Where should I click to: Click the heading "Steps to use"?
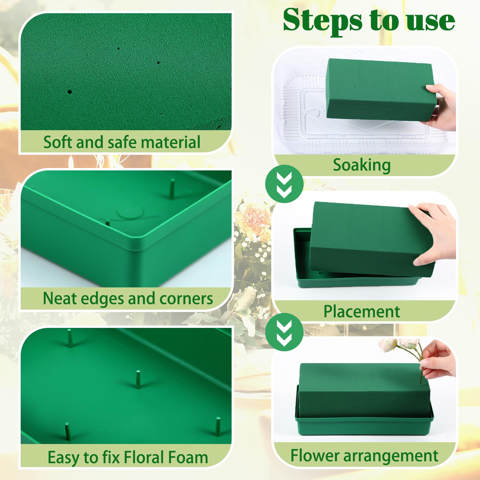coord(369,20)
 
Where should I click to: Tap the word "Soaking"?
coord(362,165)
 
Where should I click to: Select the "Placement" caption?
coord(361,311)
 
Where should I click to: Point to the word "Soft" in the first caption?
coord(58,142)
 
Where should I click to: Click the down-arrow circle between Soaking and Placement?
coord(284,184)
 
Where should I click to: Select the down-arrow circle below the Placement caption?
coord(284,332)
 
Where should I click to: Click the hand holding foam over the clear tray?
coord(441,106)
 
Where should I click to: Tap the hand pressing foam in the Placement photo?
coord(432,232)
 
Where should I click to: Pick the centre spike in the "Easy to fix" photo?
coord(138,379)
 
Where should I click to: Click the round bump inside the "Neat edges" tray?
coord(130,211)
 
